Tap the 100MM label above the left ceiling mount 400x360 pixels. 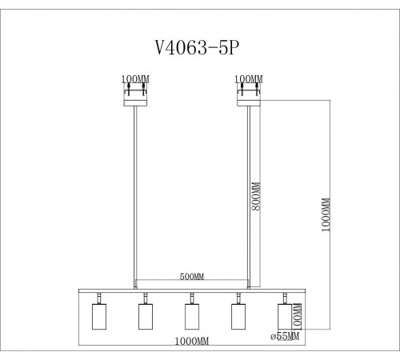click(x=134, y=79)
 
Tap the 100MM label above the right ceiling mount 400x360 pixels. click(x=250, y=79)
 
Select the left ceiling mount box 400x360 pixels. click(x=134, y=95)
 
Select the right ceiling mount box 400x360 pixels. click(x=250, y=95)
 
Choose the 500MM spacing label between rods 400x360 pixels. click(x=193, y=278)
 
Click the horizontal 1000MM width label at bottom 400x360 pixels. click(x=192, y=341)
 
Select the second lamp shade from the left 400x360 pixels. click(x=145, y=316)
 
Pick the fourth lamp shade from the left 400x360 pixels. click(x=238, y=316)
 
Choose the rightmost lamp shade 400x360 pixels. click(x=283, y=316)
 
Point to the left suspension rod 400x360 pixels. click(x=134, y=192)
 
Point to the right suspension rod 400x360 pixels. click(x=250, y=192)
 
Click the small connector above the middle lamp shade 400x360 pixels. click(x=191, y=299)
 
